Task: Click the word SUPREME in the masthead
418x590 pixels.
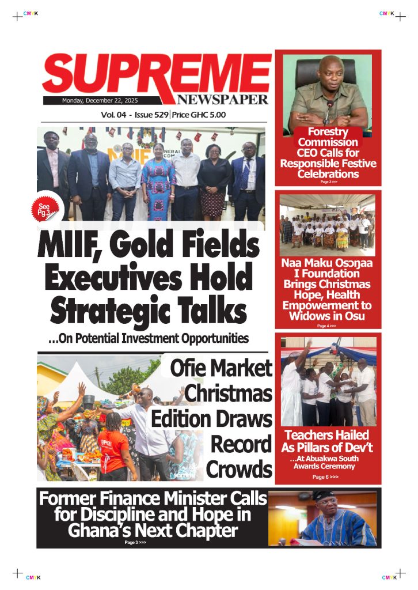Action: pyautogui.click(x=155, y=75)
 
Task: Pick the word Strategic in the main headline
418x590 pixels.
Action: pyautogui.click(x=109, y=311)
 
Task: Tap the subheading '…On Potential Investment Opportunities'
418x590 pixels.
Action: pyautogui.click(x=149, y=338)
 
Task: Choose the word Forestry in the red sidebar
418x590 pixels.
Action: pyautogui.click(x=327, y=132)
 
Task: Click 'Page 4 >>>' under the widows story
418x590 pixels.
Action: pyautogui.click(x=326, y=326)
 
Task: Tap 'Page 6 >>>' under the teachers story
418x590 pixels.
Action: pyautogui.click(x=325, y=477)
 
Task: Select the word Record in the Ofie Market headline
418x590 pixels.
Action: pyautogui.click(x=241, y=445)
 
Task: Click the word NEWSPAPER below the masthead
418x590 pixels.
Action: pyautogui.click(x=223, y=99)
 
